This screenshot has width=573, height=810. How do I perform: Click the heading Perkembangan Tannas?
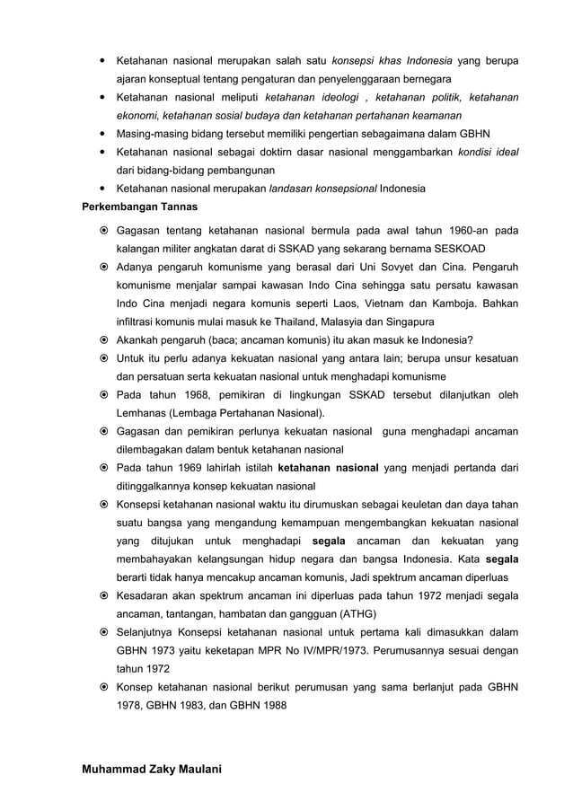(x=135, y=206)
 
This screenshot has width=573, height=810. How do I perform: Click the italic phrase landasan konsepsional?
(x=323, y=189)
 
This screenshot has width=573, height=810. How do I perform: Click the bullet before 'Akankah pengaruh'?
(x=104, y=340)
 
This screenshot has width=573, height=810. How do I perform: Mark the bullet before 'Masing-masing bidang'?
(x=104, y=134)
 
